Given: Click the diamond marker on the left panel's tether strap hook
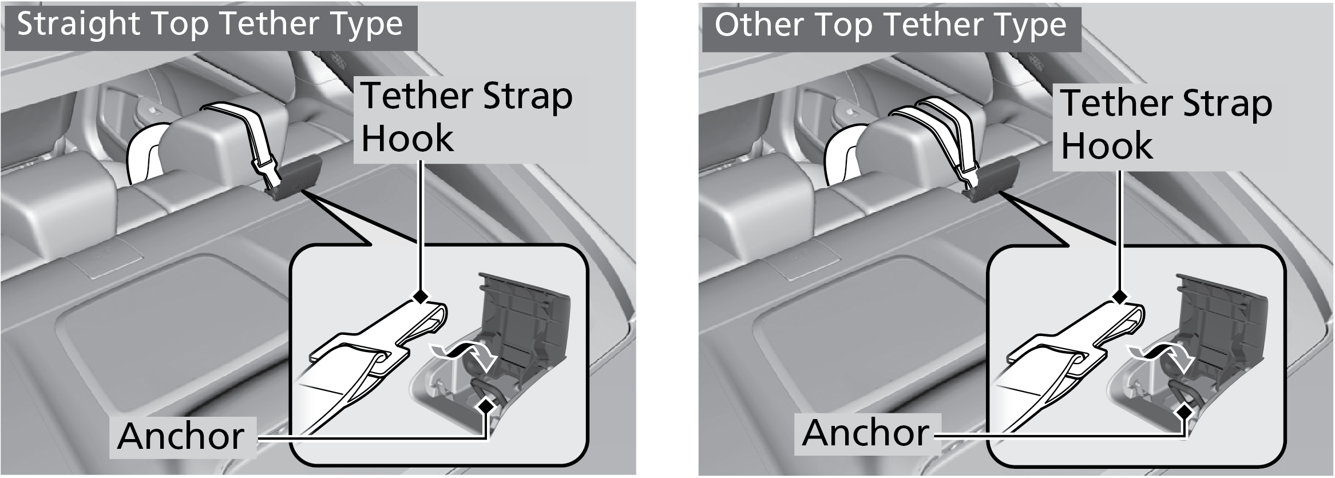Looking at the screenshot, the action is click(421, 297).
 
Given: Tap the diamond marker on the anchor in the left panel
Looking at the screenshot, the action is click(487, 405).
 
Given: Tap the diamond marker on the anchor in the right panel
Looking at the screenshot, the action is click(1185, 412).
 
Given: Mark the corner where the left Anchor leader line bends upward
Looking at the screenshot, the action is click(487, 439).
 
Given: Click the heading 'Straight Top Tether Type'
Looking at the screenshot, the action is click(210, 25).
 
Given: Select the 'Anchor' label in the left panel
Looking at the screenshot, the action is click(181, 436).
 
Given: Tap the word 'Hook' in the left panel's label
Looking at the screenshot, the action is click(407, 139).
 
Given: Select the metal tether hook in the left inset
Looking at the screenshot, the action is click(378, 343).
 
